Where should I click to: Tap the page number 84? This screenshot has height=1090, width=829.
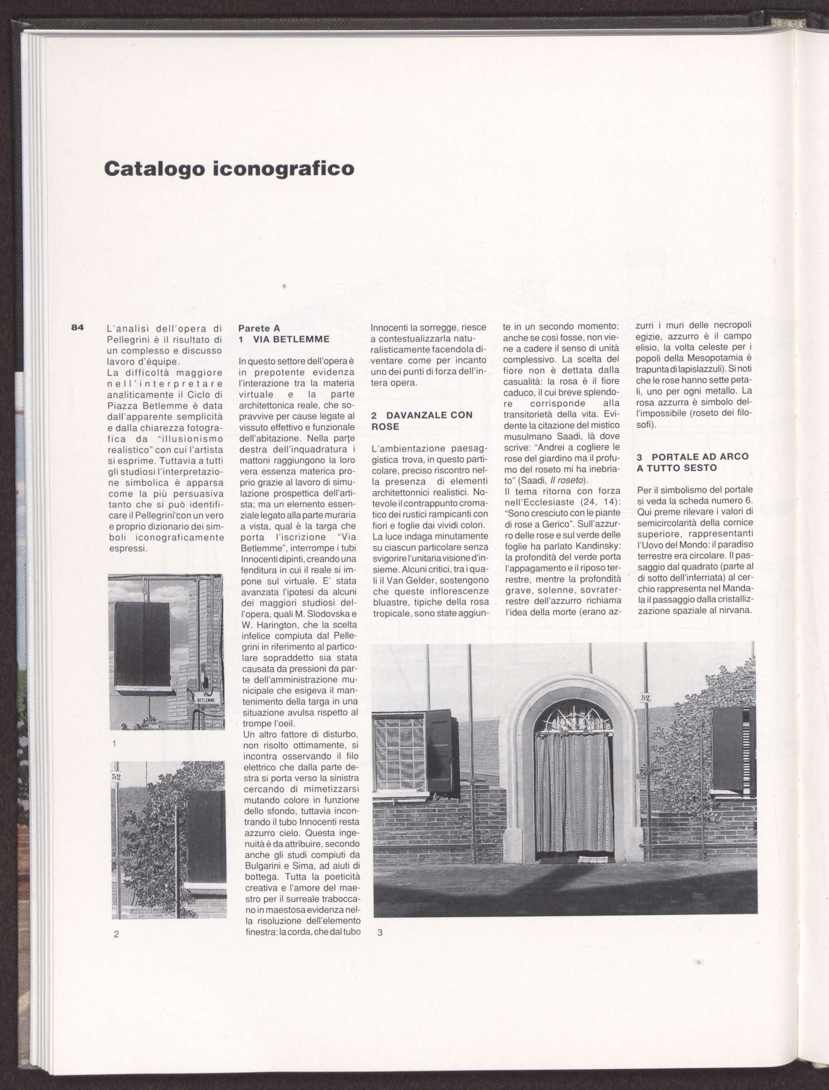[78, 327]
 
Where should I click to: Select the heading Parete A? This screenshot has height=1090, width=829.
[259, 328]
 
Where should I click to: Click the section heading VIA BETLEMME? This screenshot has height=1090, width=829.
[291, 339]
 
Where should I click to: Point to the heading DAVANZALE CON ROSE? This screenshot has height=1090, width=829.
[422, 421]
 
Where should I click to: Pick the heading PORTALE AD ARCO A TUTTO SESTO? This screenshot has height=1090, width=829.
[692, 462]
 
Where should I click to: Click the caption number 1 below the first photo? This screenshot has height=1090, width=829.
[114, 744]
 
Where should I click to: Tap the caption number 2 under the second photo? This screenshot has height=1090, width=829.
[116, 934]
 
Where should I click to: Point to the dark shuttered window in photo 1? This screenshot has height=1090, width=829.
[142, 644]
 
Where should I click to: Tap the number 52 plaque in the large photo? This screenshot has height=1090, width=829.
[645, 697]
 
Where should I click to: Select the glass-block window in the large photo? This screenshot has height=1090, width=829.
[398, 753]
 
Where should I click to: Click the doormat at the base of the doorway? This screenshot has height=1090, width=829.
[592, 860]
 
